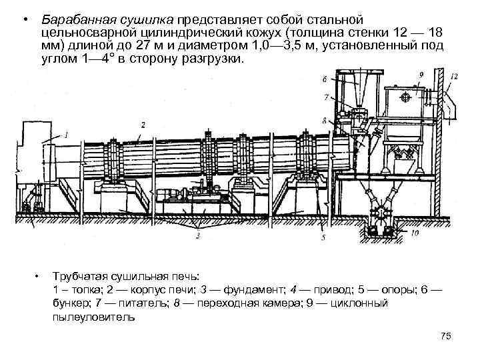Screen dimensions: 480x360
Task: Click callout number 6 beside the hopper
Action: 325,79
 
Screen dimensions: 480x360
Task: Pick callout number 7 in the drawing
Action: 325,98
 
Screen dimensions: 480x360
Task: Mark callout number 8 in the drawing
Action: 325,121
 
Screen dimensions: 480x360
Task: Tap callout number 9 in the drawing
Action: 421,74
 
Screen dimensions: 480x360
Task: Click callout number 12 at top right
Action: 454,77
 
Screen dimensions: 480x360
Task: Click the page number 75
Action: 447,338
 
